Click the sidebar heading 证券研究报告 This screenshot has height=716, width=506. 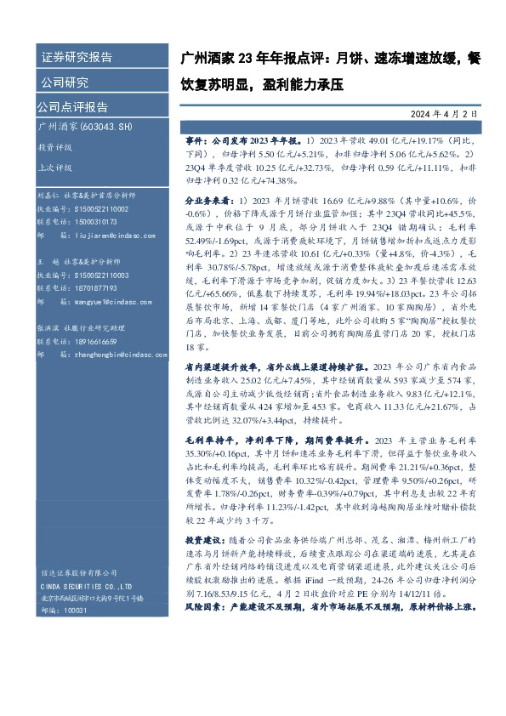point(77,57)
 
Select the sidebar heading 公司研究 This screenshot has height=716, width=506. point(65,82)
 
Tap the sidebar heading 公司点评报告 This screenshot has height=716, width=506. point(71,107)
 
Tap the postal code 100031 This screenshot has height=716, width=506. point(77,611)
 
